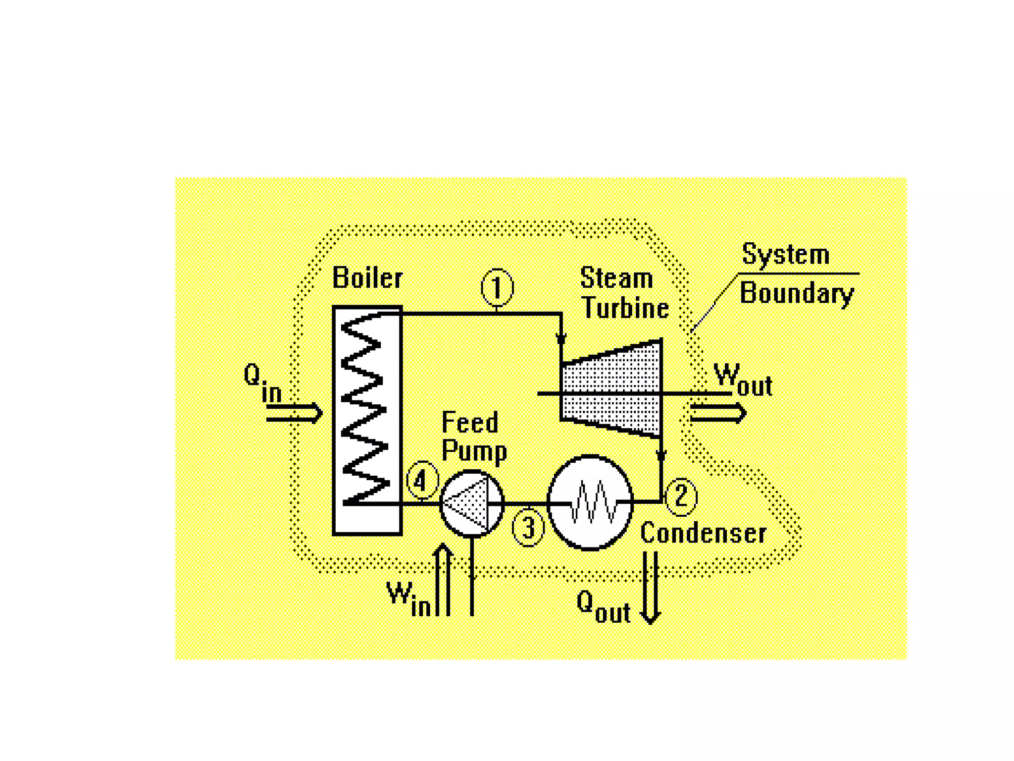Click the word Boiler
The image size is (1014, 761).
(x=367, y=277)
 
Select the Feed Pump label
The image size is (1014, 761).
(x=473, y=436)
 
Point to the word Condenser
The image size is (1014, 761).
(x=703, y=534)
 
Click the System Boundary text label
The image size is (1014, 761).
(x=796, y=274)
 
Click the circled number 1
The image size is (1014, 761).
(x=497, y=288)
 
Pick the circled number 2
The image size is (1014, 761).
(x=681, y=496)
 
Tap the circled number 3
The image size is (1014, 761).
(x=528, y=528)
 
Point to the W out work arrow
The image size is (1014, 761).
(x=718, y=413)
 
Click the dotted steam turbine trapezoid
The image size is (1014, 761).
(x=612, y=389)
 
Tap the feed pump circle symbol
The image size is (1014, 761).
(x=472, y=503)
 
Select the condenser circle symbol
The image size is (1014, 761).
(x=590, y=502)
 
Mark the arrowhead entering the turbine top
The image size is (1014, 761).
(x=560, y=339)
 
